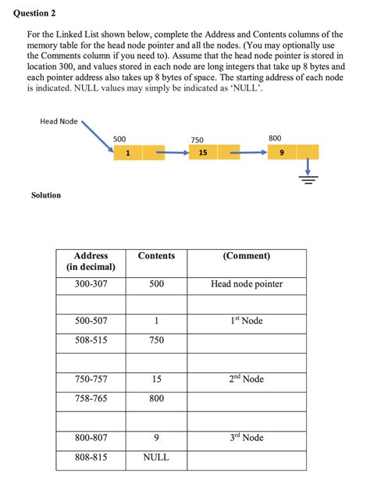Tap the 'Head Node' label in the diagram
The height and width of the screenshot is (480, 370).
point(59,121)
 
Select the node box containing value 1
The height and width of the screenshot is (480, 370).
point(127,153)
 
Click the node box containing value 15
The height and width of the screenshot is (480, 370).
point(203,153)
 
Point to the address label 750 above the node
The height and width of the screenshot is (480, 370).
point(197,139)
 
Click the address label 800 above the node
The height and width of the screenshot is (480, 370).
point(275,138)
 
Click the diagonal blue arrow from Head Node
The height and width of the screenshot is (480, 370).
point(97,136)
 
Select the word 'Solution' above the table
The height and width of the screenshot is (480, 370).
point(46,195)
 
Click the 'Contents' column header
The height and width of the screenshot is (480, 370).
point(156,256)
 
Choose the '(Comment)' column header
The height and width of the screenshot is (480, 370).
point(247,256)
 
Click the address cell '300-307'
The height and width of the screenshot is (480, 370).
point(91,284)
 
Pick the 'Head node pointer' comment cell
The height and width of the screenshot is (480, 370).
point(247,284)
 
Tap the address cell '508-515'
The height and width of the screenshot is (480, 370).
point(91,340)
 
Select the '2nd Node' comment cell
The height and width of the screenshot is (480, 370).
point(247,379)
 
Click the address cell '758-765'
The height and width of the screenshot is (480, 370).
point(91,399)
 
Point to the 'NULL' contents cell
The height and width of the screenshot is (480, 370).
point(156,457)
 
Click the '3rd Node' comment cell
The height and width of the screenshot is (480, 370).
point(247,438)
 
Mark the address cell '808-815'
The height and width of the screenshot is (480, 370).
point(91,457)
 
